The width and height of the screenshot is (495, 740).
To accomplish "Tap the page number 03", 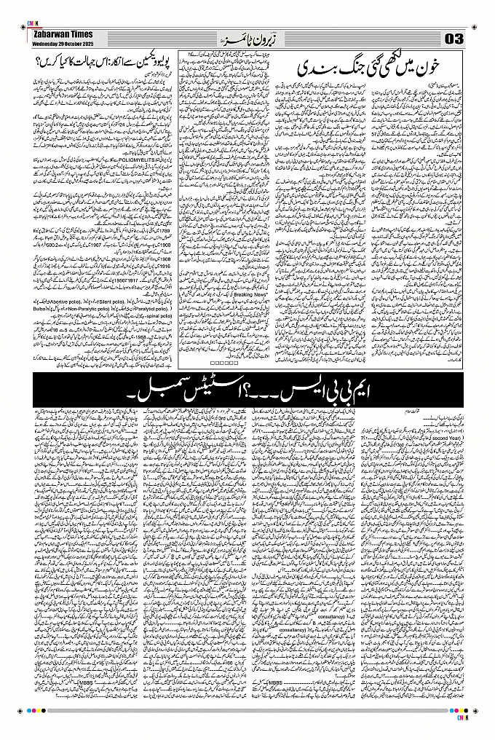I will point(455,38).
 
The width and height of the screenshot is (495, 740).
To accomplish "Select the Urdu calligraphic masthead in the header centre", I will point(247,37).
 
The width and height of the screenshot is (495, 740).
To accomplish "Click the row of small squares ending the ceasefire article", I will point(218,362).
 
